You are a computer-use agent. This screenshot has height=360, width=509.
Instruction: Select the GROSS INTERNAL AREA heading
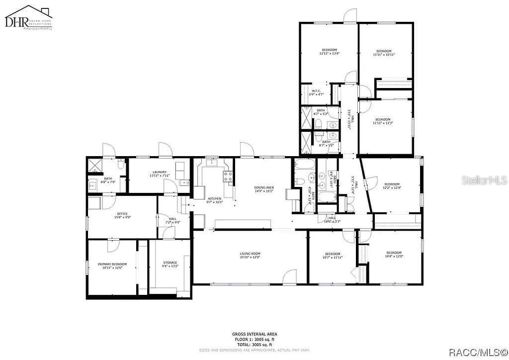pyautogui.click(x=254, y=334)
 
